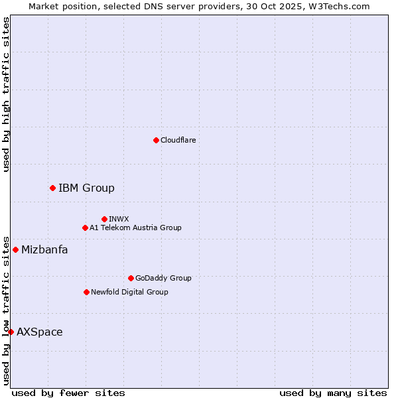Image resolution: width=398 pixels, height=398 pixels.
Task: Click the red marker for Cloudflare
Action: click(x=156, y=140)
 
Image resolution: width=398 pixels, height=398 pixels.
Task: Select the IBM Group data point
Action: click(x=52, y=188)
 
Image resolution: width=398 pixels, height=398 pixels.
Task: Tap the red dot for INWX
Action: click(x=104, y=219)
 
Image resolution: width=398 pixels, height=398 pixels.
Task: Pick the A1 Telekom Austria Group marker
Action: click(x=85, y=228)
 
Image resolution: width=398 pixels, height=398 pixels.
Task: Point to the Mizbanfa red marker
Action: click(x=15, y=249)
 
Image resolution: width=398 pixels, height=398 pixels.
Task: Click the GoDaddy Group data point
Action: click(x=131, y=278)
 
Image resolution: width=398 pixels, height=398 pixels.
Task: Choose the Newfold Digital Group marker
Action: click(x=86, y=292)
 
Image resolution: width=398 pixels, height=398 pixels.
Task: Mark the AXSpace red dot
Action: click(x=11, y=332)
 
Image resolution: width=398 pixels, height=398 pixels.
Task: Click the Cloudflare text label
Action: click(x=178, y=140)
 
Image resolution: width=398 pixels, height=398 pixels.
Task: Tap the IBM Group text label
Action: click(x=86, y=188)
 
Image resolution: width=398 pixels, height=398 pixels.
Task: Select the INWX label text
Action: click(x=119, y=219)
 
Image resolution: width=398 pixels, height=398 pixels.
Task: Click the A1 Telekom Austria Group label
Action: click(x=135, y=228)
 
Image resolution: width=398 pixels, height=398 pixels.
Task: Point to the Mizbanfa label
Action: click(x=44, y=249)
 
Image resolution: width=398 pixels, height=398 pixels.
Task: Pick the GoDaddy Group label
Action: click(x=163, y=278)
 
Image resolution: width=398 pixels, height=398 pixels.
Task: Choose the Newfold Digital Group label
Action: click(x=129, y=292)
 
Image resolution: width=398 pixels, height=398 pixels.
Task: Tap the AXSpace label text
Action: click(x=40, y=332)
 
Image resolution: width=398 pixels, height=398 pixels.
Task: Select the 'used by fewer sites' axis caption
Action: click(x=68, y=393)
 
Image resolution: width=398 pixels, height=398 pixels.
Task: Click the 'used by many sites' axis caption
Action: click(x=333, y=393)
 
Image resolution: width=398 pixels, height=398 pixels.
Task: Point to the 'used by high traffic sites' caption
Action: click(x=6, y=94)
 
